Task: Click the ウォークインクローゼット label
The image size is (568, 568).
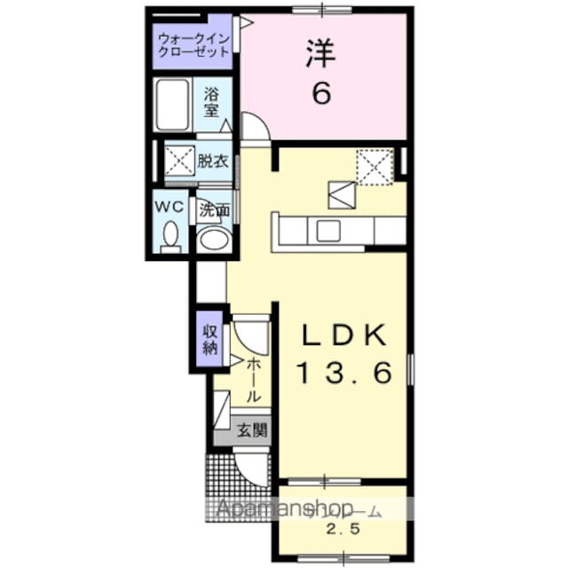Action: point(193,45)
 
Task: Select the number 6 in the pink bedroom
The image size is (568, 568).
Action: point(320,93)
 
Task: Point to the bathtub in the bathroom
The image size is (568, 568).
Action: point(172,105)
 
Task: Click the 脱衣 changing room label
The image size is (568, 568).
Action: point(213,162)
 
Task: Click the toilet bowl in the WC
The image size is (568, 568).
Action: point(170,235)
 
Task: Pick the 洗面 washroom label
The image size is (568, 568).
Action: point(214,210)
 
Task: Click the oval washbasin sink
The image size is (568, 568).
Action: point(212,238)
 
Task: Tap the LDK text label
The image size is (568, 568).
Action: point(343,335)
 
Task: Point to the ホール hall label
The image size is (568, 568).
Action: point(253,379)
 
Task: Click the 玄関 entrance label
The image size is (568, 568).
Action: point(252,432)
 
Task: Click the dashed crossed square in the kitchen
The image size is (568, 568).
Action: point(375,165)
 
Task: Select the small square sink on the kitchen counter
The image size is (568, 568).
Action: point(327,231)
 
